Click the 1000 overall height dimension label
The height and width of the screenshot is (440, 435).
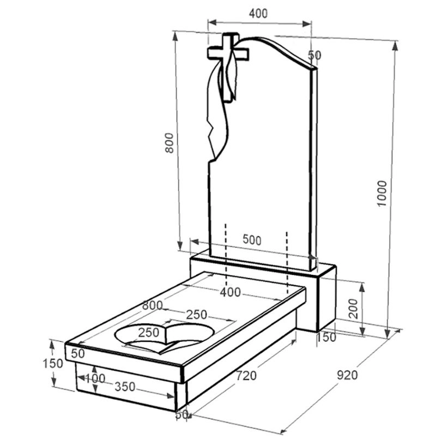(x=382, y=194)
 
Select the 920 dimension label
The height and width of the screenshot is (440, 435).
(x=347, y=375)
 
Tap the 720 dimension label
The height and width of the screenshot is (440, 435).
(x=246, y=376)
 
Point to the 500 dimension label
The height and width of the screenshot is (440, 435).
(x=252, y=240)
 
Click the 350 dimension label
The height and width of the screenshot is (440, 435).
(x=125, y=387)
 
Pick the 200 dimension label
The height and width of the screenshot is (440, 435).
(x=354, y=309)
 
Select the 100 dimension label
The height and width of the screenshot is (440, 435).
(x=95, y=378)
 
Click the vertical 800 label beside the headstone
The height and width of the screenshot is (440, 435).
(x=170, y=143)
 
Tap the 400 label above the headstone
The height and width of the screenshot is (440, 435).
(x=258, y=14)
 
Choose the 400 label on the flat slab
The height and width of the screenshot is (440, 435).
(x=230, y=292)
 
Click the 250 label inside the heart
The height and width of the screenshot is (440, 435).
(x=149, y=333)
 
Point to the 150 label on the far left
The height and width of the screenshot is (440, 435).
(x=53, y=364)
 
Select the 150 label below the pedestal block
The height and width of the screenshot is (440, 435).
(x=326, y=337)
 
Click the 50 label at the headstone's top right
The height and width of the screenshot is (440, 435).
(x=315, y=55)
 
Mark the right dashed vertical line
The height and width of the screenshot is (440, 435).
(x=287, y=263)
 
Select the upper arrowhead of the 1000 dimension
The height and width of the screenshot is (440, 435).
(x=395, y=46)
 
